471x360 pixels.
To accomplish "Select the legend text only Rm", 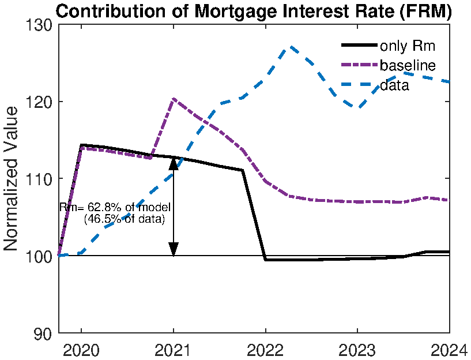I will [407, 46].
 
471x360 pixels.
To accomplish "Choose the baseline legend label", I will [407, 65].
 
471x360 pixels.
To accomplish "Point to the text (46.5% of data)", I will [124, 219].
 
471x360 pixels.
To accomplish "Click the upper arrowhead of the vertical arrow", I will [174, 163].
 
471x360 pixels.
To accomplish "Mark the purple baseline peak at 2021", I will [174, 99].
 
